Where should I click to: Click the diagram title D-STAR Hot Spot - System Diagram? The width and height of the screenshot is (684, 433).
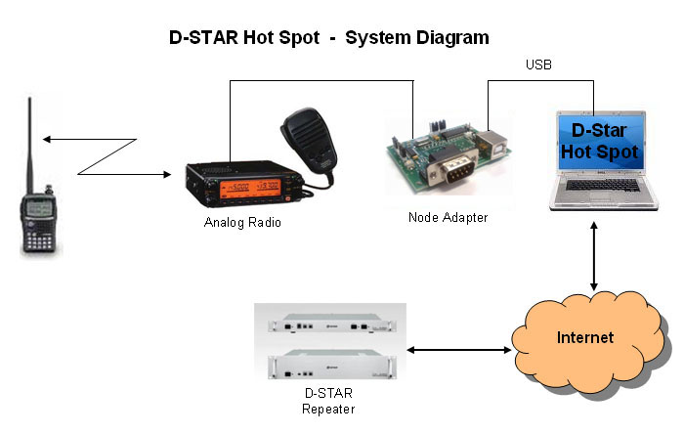(328, 37)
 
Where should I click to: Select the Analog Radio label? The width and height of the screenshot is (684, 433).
(241, 222)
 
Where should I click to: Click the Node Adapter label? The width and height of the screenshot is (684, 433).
(448, 217)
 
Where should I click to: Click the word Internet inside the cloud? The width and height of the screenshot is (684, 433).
(585, 338)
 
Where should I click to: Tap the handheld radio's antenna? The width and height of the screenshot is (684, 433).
(30, 147)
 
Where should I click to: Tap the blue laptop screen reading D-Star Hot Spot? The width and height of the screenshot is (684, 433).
(604, 142)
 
